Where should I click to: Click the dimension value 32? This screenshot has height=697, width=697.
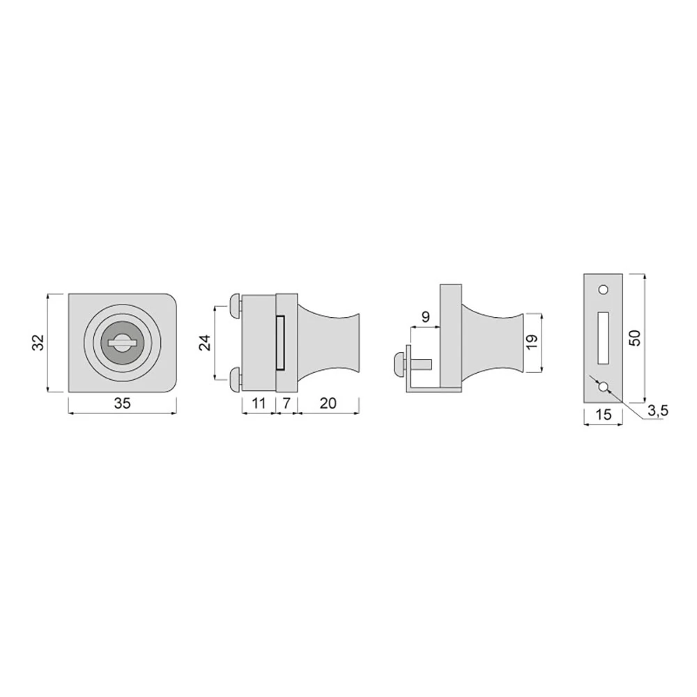(x=38, y=342)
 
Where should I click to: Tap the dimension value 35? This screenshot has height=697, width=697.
(x=122, y=404)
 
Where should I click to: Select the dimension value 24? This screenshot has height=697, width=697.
(x=204, y=342)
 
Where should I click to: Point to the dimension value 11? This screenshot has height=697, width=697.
(x=259, y=404)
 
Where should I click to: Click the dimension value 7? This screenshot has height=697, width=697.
(x=286, y=404)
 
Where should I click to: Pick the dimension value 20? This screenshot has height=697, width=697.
(x=328, y=404)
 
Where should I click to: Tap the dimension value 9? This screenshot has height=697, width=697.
(x=425, y=317)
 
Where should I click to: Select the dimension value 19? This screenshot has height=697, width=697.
(x=532, y=342)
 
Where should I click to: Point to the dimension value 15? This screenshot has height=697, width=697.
(x=603, y=414)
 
